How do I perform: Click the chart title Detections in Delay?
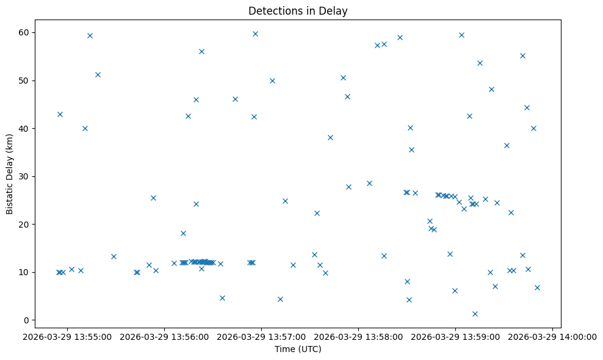pos(298,11)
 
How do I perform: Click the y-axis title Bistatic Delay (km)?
pos(10,174)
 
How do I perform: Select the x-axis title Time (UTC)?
pos(298,350)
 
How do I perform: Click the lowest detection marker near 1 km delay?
pos(475,314)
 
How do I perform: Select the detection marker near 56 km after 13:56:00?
pos(201,51)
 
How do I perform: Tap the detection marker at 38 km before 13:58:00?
pos(330,137)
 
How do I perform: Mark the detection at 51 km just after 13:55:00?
pos(98,74)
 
